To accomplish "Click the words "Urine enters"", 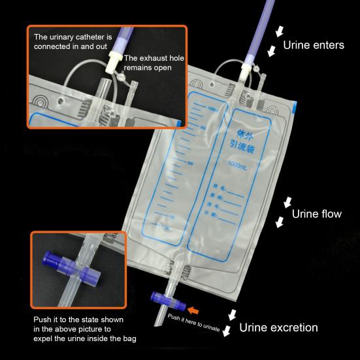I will pyautogui.click(x=313, y=46).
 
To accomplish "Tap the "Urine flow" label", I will pyautogui.click(x=316, y=214).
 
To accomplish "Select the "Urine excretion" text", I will pyautogui.click(x=278, y=327).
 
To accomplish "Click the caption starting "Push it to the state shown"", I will pyautogui.click(x=74, y=329).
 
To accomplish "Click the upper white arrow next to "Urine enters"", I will pyautogui.click(x=280, y=31).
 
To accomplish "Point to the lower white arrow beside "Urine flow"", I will pyautogui.click(x=280, y=223).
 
